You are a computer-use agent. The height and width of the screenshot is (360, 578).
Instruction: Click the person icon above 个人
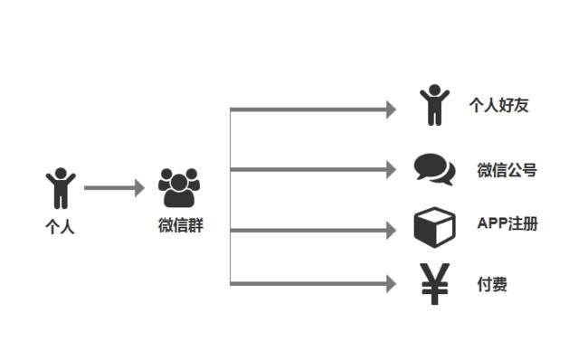(61, 188)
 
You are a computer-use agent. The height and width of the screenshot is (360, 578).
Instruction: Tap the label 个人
(60, 227)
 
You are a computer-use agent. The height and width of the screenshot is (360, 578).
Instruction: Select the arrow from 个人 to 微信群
(113, 188)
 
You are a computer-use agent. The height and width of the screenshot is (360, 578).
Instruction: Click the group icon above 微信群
(179, 188)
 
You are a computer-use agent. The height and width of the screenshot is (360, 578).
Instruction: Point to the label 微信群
(181, 226)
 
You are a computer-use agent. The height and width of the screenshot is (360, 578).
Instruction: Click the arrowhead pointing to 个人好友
(391, 109)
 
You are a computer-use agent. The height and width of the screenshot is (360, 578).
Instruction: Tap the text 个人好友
(498, 106)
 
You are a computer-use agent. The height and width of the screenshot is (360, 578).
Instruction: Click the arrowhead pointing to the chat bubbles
(391, 169)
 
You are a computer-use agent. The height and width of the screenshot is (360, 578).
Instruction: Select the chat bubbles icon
(434, 168)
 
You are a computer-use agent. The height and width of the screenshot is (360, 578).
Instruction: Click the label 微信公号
(507, 169)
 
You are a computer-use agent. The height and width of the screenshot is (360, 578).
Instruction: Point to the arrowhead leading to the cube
(391, 231)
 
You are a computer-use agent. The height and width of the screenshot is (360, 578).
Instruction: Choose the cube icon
(434, 227)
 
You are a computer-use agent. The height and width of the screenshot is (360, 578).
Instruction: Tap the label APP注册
(507, 224)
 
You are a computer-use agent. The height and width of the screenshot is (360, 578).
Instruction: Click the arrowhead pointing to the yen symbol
(391, 284)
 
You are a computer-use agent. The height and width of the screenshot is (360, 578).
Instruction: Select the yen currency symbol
(435, 284)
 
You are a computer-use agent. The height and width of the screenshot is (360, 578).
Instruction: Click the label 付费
(492, 285)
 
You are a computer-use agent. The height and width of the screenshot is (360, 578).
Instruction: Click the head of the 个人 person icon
(61, 173)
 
